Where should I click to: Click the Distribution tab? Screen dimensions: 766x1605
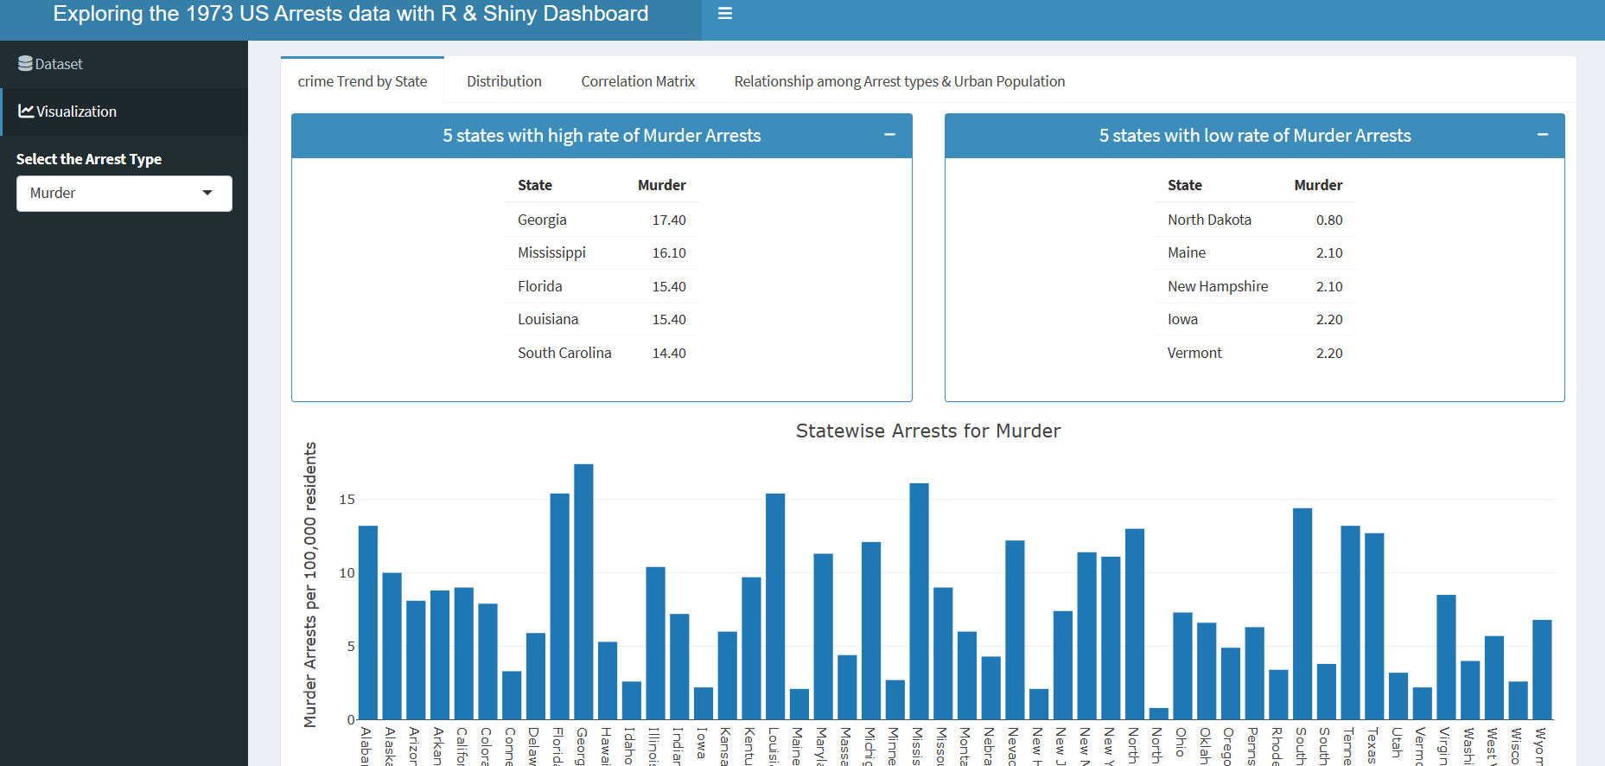coord(504,81)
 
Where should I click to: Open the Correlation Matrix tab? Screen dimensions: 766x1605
coord(638,81)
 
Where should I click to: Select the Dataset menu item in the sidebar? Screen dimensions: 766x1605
coord(59,64)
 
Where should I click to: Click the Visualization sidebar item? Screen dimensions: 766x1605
coord(76,112)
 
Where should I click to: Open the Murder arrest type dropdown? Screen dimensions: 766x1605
coord(124,193)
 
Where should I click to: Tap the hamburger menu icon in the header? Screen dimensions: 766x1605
coord(725,14)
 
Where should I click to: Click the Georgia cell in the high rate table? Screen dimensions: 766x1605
coord(542,220)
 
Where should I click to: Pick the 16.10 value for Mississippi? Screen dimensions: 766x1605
coord(668,253)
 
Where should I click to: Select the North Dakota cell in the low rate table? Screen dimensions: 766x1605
coord(1209,220)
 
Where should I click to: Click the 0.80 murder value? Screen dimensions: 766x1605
coord(1328,220)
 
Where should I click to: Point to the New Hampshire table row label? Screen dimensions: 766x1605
coord(1217,286)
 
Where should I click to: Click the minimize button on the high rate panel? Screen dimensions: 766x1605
coord(889,135)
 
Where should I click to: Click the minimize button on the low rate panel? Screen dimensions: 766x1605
coord(1542,135)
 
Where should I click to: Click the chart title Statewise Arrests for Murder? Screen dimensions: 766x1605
coord(927,431)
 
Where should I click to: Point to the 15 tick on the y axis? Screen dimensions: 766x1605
coord(347,500)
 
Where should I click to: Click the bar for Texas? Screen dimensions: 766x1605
coord(1374,627)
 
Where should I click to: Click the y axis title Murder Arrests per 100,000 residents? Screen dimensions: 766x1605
coord(310,584)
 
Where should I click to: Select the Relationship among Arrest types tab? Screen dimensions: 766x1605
coord(899,81)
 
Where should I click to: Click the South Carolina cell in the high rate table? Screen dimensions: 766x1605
coord(564,353)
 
